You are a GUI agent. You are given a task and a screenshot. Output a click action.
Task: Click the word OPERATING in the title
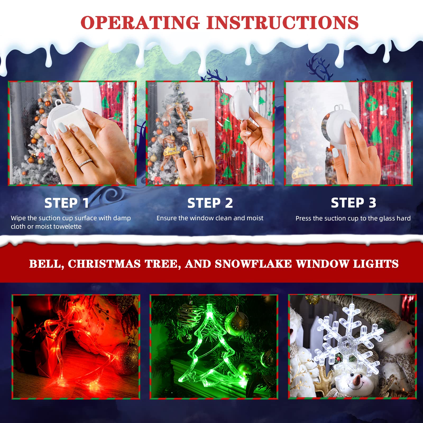pyautogui.click(x=140, y=22)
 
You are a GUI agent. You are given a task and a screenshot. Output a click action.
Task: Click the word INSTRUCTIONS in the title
pyautogui.click(x=282, y=22)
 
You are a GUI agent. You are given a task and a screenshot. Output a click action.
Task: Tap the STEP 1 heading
pyautogui.click(x=67, y=203)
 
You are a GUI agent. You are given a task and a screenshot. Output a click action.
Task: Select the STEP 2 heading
pyautogui.click(x=210, y=203)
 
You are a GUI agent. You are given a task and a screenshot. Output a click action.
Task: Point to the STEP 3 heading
pyautogui.click(x=353, y=203)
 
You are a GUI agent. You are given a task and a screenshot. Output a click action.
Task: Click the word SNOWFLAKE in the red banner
pyautogui.click(x=253, y=264)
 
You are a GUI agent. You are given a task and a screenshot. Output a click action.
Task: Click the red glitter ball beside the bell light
pyautogui.click(x=126, y=358)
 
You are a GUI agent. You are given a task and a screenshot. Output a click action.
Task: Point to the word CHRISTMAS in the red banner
pyautogui.click(x=104, y=264)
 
